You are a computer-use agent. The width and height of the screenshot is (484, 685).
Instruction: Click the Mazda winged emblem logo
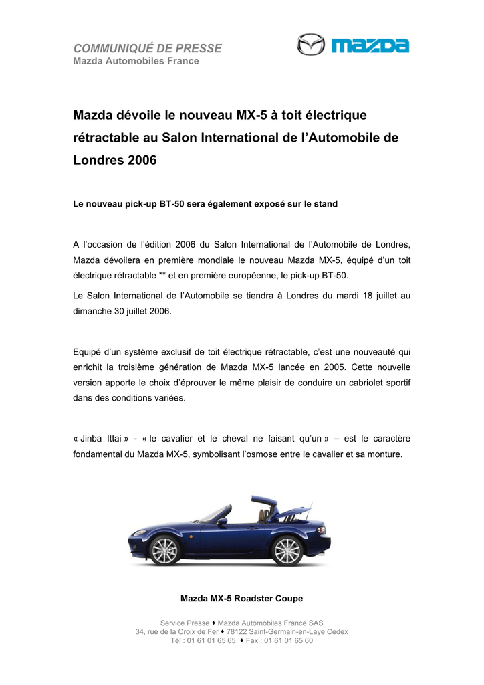point(310,45)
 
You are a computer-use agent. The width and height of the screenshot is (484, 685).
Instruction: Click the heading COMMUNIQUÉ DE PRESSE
point(147,48)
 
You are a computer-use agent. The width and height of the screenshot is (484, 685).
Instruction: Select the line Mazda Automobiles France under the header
point(136,62)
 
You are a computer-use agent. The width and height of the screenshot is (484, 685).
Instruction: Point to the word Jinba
point(94,438)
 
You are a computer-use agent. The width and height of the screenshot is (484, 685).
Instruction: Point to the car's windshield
point(212,514)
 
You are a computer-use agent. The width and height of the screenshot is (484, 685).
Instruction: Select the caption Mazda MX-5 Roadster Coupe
point(241,598)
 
